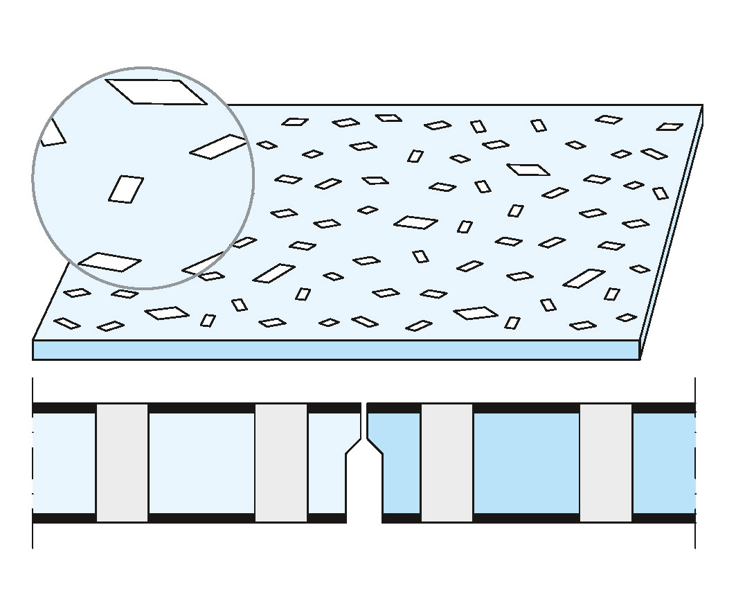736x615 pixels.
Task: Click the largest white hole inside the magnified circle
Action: [156, 91]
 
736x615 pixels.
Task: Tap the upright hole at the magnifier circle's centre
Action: [126, 189]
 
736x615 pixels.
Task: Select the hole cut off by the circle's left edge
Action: [51, 134]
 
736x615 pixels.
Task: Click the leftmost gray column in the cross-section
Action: [122, 462]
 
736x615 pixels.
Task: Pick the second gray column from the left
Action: [281, 462]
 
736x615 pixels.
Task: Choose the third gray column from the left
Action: [447, 462]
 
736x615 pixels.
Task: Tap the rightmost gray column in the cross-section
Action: [606, 462]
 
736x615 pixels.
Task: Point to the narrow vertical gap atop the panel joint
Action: [364, 420]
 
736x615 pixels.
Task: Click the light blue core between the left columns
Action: [201, 462]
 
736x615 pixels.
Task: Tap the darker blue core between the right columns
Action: [526, 462]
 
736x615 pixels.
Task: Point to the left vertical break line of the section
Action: [33, 462]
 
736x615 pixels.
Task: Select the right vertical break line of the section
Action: [695, 462]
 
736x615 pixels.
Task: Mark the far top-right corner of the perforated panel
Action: [702, 105]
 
